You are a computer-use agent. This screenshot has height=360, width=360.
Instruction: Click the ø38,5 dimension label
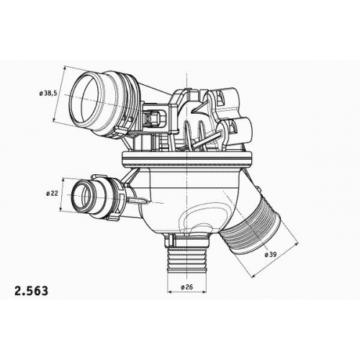click(x=48, y=93)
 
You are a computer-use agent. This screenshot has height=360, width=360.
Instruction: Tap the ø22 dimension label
click(x=52, y=193)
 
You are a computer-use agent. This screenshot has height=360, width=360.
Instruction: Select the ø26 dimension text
click(x=187, y=287)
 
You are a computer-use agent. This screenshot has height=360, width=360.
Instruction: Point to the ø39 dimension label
click(x=271, y=254)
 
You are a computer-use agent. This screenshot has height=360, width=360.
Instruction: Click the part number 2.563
click(x=32, y=291)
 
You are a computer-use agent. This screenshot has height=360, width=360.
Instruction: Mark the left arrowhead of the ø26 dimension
click(x=169, y=292)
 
